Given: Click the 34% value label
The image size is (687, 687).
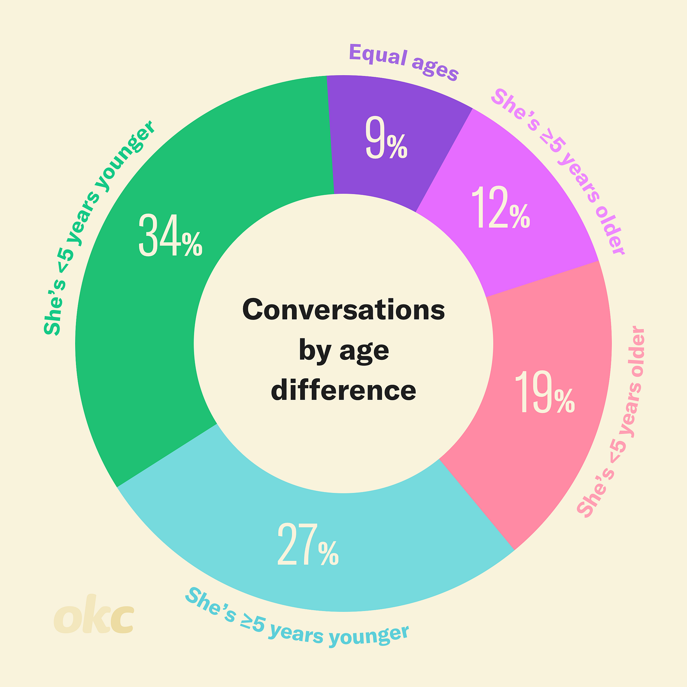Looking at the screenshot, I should point(170,236).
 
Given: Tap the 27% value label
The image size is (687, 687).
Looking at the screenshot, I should point(308,545).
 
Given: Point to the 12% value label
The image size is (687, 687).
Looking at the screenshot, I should point(501,208).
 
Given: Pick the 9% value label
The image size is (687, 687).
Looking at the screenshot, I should point(386,139).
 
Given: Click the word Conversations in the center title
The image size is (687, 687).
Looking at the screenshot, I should point(343,310).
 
